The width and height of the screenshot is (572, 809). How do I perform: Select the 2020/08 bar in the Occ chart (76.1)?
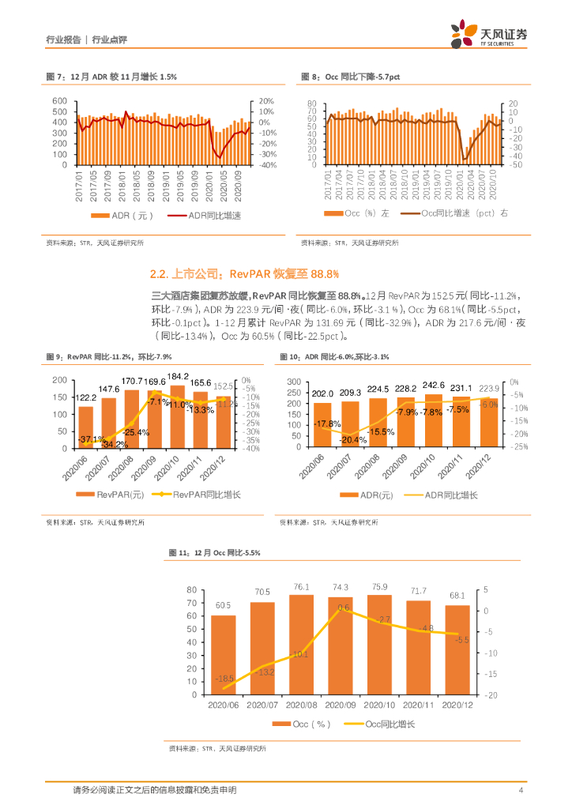coord(301,644)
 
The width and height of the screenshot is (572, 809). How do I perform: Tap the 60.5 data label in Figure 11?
coord(223,604)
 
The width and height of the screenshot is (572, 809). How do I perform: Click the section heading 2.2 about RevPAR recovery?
coord(244,274)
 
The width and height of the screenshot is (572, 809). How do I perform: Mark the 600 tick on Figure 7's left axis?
coord(60,101)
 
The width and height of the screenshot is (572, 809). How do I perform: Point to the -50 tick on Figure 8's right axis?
coord(514,165)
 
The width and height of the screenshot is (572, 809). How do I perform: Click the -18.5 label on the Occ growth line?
coord(224,678)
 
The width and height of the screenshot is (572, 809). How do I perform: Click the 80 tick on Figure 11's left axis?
coord(191,590)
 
